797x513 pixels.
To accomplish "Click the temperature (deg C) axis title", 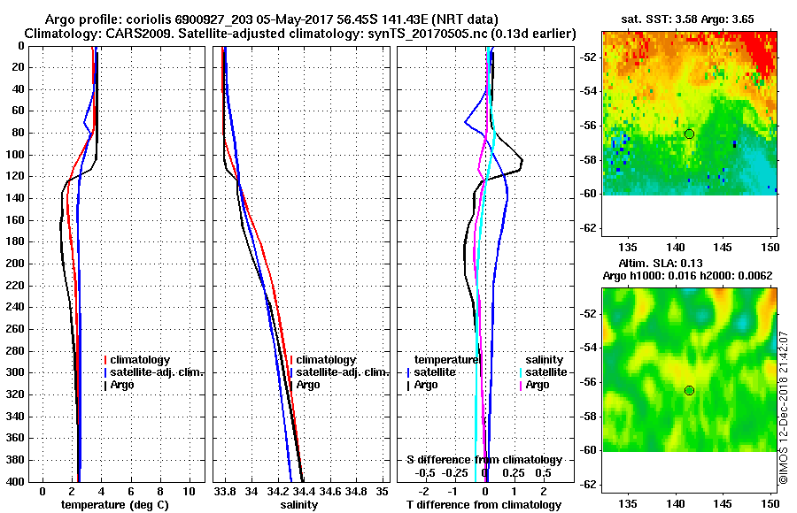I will [x=115, y=505].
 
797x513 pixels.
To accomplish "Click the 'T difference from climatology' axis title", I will [x=484, y=505].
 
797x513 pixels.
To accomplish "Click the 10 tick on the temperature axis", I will [x=189, y=490].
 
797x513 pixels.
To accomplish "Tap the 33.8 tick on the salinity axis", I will [x=225, y=490].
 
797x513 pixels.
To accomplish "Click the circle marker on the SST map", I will [x=689, y=134].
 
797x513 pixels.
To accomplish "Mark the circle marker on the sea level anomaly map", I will [x=689, y=390].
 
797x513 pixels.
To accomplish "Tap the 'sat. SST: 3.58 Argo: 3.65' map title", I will [x=687, y=19].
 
